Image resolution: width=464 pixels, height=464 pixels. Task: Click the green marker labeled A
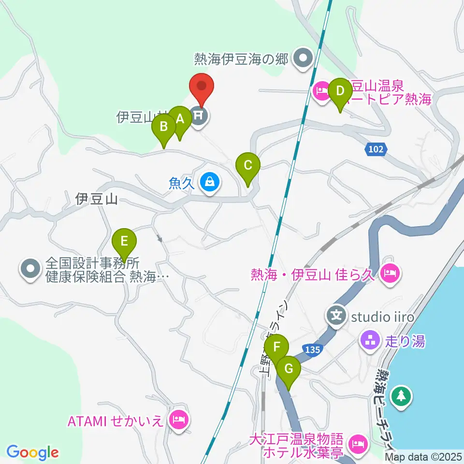tap(180, 119)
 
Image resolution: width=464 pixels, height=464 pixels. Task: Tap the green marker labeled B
tap(164, 128)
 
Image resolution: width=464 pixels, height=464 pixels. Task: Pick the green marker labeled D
tap(340, 92)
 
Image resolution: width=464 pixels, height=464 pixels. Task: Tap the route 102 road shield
tap(376, 150)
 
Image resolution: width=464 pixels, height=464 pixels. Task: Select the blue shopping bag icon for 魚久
tap(209, 182)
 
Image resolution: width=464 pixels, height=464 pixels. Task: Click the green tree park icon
tap(401, 395)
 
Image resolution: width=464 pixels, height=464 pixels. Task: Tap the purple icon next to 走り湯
tap(370, 340)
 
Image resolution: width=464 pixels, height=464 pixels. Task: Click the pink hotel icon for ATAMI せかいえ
tap(178, 419)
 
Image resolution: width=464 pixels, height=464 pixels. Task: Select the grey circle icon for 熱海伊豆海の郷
tap(303, 58)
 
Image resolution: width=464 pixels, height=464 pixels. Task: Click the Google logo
tap(32, 452)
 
